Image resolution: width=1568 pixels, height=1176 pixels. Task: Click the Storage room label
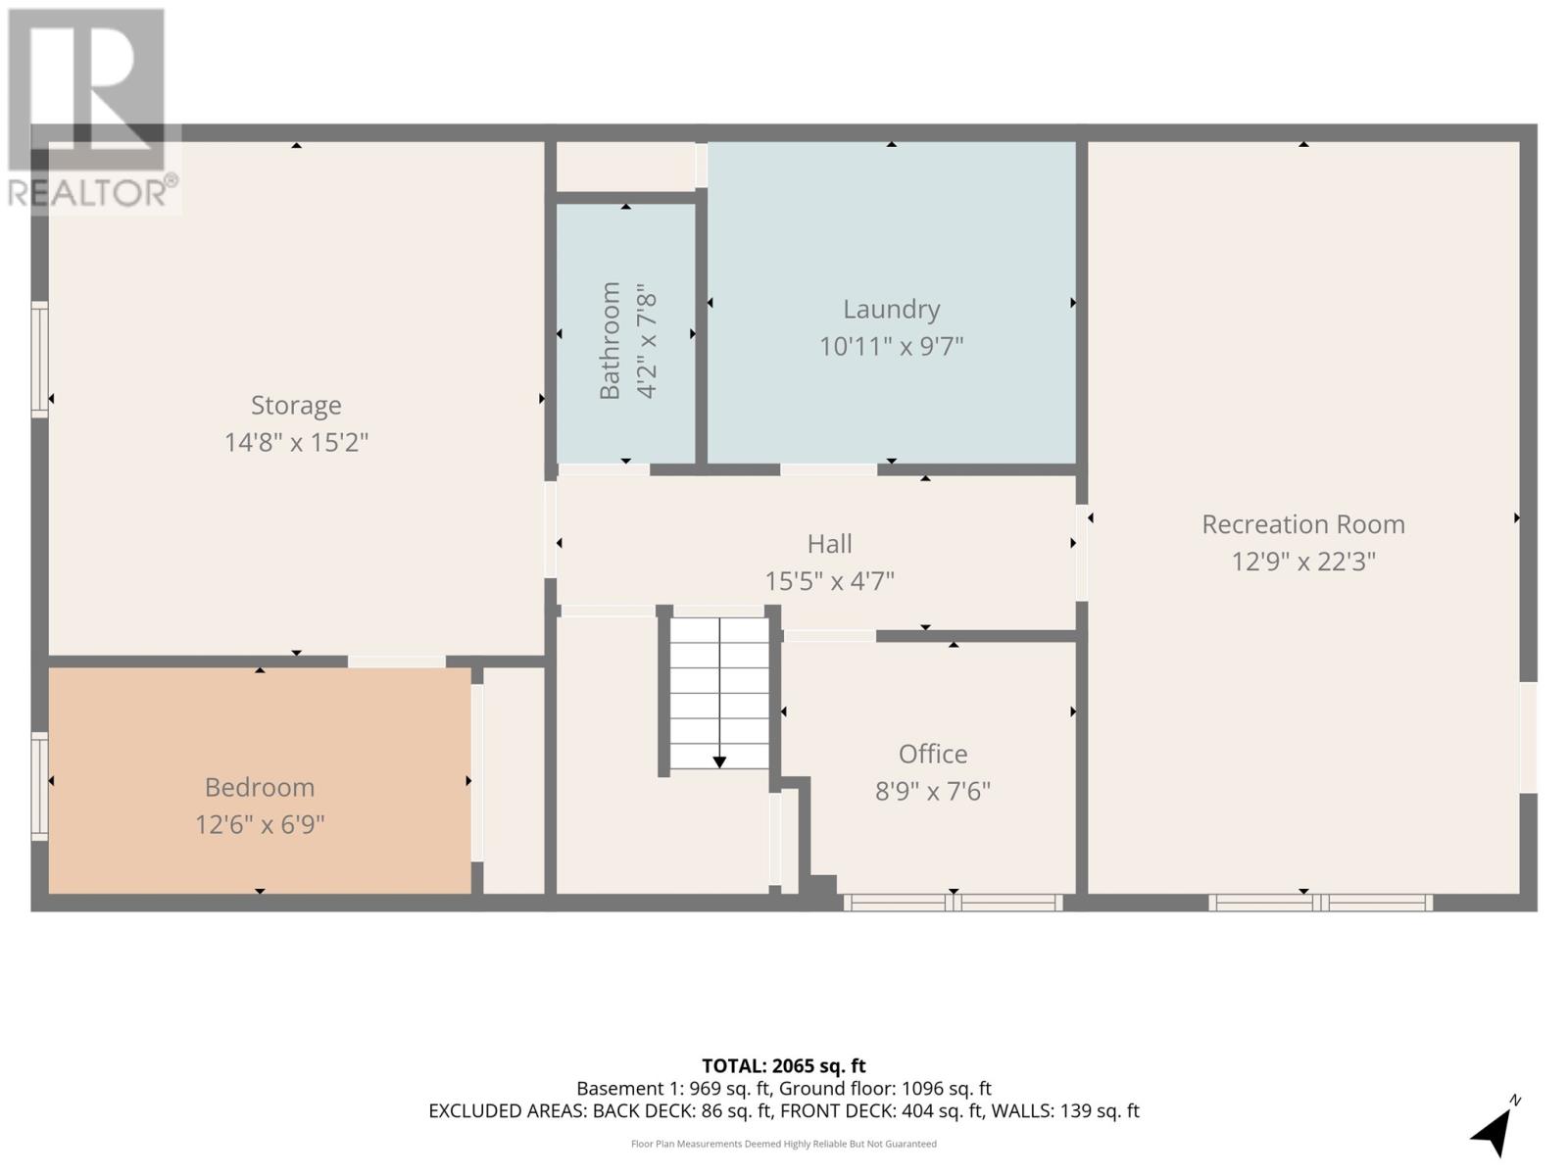tap(296, 405)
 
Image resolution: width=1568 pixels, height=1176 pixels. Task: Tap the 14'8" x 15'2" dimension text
tap(296, 442)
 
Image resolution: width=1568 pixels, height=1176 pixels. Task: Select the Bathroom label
tap(610, 340)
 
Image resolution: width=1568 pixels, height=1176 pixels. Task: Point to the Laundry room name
tap(891, 309)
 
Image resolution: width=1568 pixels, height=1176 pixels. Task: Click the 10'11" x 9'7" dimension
tap(891, 346)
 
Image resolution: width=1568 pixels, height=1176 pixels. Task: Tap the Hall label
tap(829, 544)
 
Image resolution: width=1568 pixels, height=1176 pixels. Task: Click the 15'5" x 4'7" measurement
tap(829, 581)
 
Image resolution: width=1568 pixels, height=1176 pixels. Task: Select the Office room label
tap(932, 754)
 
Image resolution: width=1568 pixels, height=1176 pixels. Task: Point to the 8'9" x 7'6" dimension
tap(932, 791)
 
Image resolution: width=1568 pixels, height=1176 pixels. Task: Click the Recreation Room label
tap(1302, 524)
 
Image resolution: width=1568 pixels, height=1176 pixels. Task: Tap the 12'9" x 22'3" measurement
tap(1302, 562)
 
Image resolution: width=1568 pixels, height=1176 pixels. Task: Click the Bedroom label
tap(259, 787)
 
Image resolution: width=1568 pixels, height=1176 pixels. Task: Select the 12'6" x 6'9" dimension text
tap(259, 824)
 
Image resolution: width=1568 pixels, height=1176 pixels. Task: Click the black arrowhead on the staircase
tap(719, 761)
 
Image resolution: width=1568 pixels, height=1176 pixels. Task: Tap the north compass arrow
tap(1492, 1132)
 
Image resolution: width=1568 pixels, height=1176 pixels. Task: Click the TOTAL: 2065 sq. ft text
tap(783, 1065)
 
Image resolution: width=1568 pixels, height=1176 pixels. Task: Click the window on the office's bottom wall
tap(953, 903)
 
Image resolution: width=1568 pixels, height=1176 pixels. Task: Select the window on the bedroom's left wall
tap(39, 786)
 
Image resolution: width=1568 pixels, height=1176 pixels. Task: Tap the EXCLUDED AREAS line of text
tap(783, 1111)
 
